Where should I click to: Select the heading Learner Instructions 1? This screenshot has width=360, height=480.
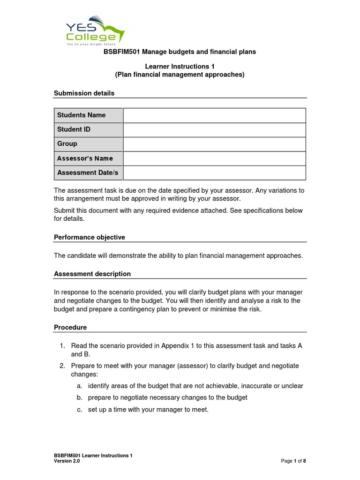point(180,67)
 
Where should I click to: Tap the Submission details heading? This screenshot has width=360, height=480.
point(84,93)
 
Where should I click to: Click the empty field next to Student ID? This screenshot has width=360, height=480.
point(214,130)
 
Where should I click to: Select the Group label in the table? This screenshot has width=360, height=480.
point(67,144)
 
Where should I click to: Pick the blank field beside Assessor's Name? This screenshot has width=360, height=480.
point(214,158)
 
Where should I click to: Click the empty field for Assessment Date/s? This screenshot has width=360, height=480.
point(214,172)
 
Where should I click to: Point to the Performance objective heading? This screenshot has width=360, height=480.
point(90,238)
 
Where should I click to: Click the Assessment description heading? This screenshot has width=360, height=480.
point(92,274)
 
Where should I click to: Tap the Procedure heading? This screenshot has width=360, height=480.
point(70,328)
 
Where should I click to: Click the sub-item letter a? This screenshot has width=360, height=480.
point(79,386)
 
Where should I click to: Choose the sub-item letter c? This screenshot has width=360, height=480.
point(79,409)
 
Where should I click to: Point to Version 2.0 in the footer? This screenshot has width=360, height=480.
point(67,461)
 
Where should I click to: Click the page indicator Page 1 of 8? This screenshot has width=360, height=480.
point(293,461)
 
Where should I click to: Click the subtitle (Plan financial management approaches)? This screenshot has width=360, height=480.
point(180,75)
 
